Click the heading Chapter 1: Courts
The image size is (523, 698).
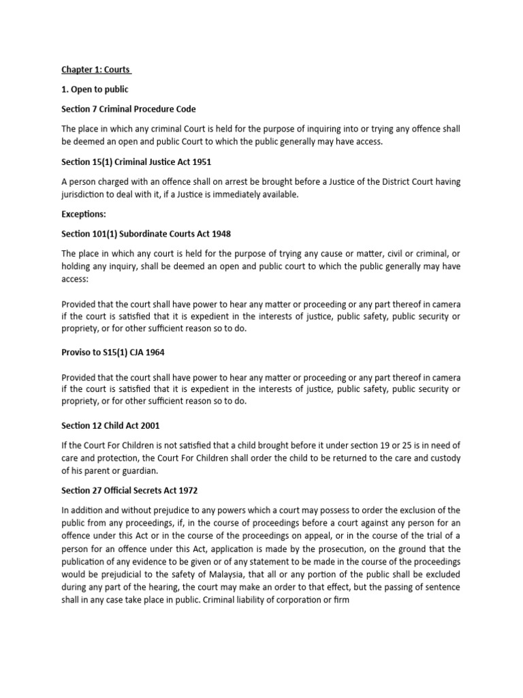96,70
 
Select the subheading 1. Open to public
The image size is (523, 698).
95,90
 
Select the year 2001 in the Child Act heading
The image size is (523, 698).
147,426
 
